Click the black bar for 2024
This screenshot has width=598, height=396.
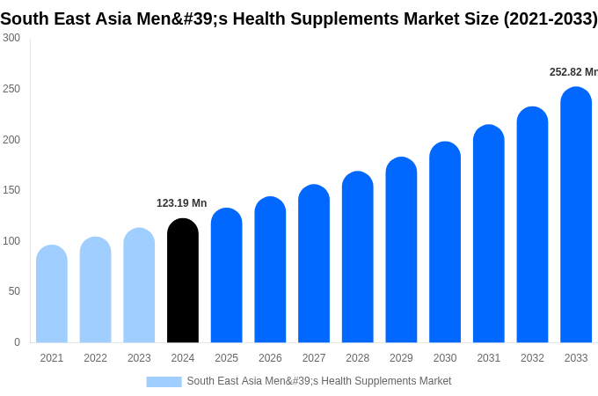pos(183,282)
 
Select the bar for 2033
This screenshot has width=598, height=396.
pos(576,216)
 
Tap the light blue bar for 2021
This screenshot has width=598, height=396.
pos(52,295)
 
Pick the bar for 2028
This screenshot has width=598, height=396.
pos(358,258)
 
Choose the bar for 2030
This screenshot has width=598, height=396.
pos(445,243)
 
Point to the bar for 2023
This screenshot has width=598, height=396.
pos(139,286)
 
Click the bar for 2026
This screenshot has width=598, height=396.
pos(270,270)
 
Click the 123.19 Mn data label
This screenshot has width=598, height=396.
pos(181,203)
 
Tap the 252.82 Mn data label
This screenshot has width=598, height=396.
pos(572,72)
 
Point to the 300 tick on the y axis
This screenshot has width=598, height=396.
pos(11,38)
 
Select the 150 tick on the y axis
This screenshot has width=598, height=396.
pos(11,190)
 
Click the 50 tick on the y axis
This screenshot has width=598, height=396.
pos(14,291)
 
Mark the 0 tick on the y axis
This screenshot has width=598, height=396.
pos(17,342)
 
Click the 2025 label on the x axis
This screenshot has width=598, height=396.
pos(226,358)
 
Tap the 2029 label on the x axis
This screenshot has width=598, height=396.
pos(401,358)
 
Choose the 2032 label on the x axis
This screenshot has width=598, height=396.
pos(532,358)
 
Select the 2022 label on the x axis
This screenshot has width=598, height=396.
pos(95,358)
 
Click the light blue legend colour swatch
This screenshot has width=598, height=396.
pos(164,382)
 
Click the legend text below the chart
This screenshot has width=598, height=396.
pos(318,381)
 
